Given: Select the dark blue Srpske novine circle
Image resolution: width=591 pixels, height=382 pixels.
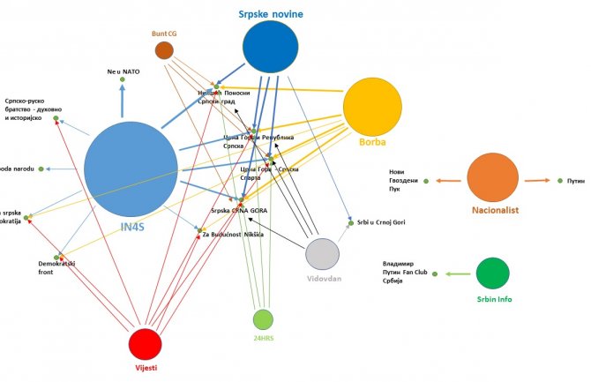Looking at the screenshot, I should point(270,47).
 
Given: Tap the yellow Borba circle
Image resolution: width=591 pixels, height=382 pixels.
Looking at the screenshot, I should point(372,108).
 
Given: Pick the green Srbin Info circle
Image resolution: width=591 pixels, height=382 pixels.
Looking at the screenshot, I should point(493,272).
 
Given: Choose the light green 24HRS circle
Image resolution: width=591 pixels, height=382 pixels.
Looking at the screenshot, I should point(263,319).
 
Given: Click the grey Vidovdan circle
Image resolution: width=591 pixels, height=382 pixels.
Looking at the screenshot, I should point(322,254).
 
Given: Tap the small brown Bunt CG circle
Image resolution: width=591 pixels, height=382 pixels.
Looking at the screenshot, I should point(164,50).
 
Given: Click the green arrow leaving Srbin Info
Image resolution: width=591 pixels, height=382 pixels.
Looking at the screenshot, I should point(459,273).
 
